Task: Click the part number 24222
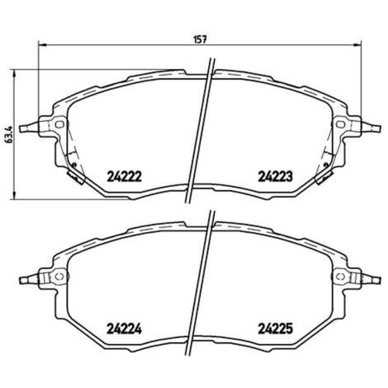click(123, 175)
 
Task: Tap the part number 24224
click(123, 327)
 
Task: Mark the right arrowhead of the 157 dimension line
click(360, 43)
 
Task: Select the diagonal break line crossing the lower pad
click(203, 279)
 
